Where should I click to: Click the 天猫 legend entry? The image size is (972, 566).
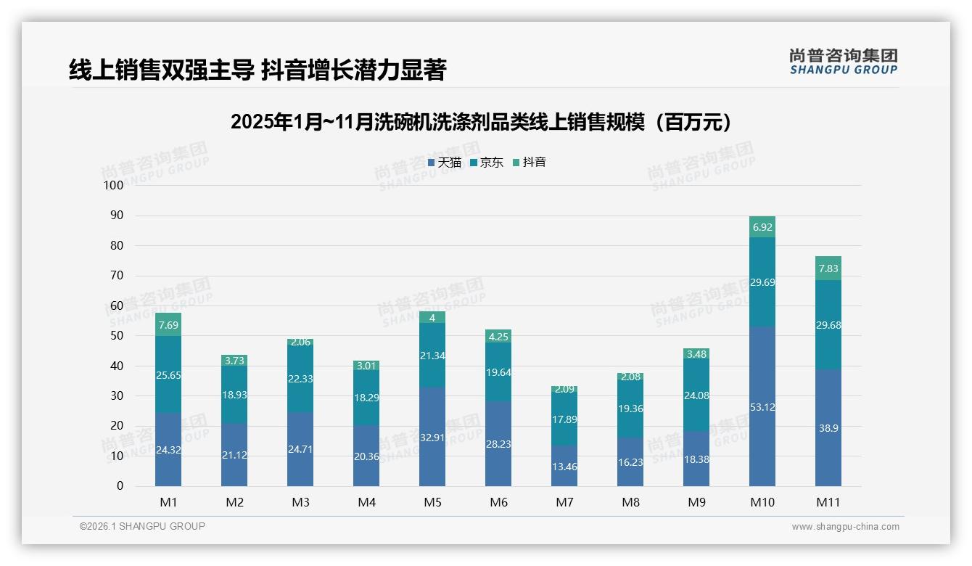444,163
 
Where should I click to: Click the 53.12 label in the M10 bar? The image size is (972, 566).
762,407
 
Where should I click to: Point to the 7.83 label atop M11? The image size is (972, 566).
828,268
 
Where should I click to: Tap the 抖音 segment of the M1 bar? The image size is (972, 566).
168,324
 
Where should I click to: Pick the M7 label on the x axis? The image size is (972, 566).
564,502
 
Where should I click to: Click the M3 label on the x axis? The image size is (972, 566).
300,502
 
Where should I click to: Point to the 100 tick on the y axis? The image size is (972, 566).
114,185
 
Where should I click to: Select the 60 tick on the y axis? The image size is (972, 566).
117,305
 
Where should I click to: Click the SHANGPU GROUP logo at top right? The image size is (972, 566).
843,62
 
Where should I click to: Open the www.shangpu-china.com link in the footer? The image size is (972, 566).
845,527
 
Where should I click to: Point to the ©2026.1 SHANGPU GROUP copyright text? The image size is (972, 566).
142,526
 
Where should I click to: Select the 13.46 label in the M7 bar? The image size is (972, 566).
564,467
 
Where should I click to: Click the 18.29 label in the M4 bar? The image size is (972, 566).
366,398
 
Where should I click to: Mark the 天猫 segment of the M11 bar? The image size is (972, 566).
828,428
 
